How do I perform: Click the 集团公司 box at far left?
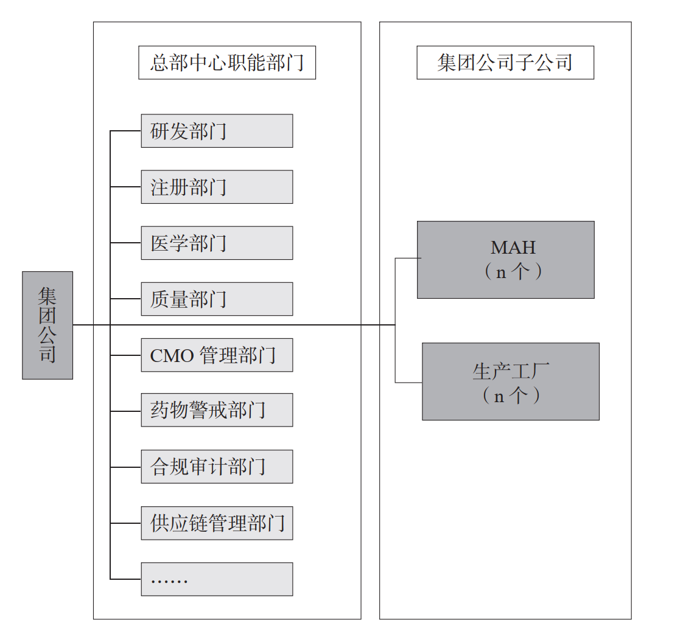(x=47, y=325)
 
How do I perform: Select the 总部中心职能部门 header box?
(x=227, y=63)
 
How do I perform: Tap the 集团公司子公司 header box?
(x=505, y=63)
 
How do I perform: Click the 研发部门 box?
(x=217, y=131)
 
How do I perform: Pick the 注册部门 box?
(x=217, y=187)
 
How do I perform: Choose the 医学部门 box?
(x=217, y=243)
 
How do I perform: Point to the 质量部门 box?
(x=217, y=299)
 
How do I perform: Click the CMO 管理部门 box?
(x=217, y=355)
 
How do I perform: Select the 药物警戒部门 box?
(x=217, y=410)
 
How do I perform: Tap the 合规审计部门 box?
(x=217, y=467)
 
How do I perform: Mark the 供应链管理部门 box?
(x=217, y=523)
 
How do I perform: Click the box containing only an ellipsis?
(x=217, y=579)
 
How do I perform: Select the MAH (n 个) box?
(x=505, y=260)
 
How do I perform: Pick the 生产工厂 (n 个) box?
(x=510, y=381)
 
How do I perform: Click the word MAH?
(x=513, y=248)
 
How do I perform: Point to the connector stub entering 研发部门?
(x=125, y=131)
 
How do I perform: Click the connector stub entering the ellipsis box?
(x=125, y=579)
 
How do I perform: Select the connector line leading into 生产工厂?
(x=408, y=382)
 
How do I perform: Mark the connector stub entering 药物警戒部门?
(x=125, y=411)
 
